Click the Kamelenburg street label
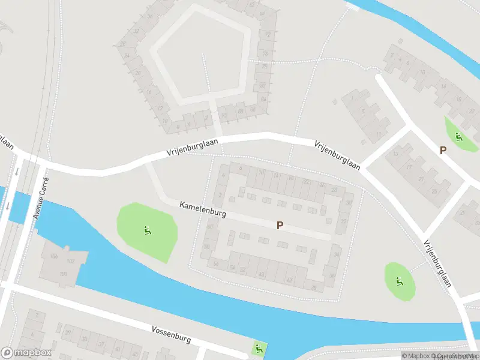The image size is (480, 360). (x=203, y=209)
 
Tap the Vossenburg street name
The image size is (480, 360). (x=171, y=334)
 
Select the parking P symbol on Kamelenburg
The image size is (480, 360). (x=279, y=226)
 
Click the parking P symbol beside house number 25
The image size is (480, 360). (x=443, y=151)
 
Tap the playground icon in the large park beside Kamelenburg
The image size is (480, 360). (x=147, y=229)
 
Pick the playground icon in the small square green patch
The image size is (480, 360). (x=259, y=347)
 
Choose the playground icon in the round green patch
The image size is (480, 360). (x=399, y=280)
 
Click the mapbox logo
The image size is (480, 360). (x=26, y=353)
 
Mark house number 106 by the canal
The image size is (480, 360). (x=54, y=256)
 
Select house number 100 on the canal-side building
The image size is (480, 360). (x=63, y=274)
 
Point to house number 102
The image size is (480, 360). (x=70, y=261)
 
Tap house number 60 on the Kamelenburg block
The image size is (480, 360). (x=209, y=227)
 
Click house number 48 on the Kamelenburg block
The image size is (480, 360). (x=260, y=274)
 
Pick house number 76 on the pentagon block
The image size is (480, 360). (x=265, y=53)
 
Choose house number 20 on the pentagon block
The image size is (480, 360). (x=137, y=73)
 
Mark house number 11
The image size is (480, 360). (x=379, y=133)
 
